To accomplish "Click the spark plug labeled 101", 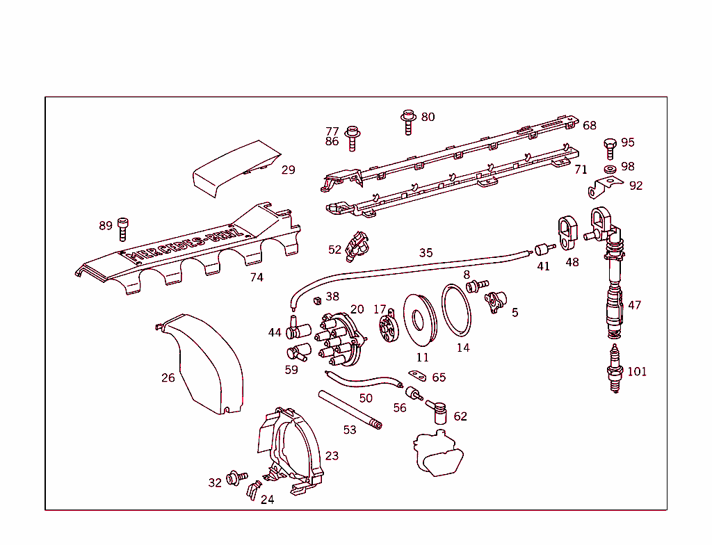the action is point(614,368).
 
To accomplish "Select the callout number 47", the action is point(634,305).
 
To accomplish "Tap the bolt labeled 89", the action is point(124,226).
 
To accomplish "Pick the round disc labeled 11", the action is point(421,320).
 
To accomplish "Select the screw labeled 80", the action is point(407,122).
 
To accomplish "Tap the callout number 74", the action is point(257,277).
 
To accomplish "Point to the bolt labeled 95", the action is point(610,147).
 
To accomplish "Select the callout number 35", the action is point(426,252).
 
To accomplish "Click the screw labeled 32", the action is point(235,478).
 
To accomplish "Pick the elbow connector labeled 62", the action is point(439,411).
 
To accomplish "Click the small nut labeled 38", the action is point(316,300).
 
